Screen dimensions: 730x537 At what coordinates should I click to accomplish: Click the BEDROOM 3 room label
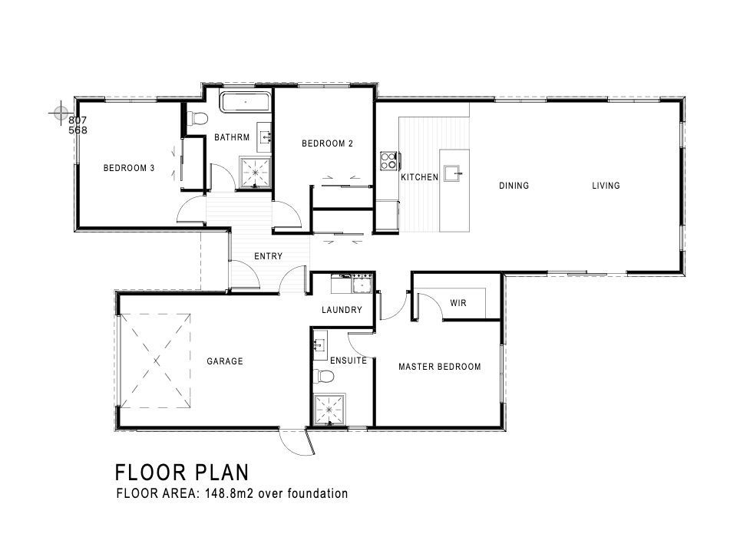pyautogui.click(x=128, y=168)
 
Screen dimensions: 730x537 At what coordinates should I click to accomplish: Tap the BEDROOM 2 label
pyautogui.click(x=327, y=143)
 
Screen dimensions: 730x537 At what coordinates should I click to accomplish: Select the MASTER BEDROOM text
pyautogui.click(x=440, y=367)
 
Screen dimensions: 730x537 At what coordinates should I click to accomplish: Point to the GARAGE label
pyautogui.click(x=225, y=361)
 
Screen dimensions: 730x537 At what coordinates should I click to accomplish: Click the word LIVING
pyautogui.click(x=606, y=186)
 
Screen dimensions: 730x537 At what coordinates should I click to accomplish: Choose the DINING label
pyautogui.click(x=514, y=186)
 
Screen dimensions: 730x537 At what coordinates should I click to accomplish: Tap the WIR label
pyautogui.click(x=458, y=303)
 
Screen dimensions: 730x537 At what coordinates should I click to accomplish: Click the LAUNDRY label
pyautogui.click(x=342, y=310)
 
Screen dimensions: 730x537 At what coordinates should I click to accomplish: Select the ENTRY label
pyautogui.click(x=268, y=256)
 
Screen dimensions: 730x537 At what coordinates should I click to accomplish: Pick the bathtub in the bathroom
pyautogui.click(x=246, y=102)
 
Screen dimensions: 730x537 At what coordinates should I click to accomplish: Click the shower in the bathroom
pyautogui.click(x=255, y=173)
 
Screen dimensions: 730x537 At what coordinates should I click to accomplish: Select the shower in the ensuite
pyautogui.click(x=330, y=410)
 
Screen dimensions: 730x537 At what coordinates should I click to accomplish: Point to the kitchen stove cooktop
pyautogui.click(x=388, y=161)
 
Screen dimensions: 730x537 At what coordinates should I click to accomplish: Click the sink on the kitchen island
pyautogui.click(x=453, y=173)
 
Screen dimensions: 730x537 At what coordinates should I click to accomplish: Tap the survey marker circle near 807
pyautogui.click(x=61, y=113)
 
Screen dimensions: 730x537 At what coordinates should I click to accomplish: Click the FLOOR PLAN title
pyautogui.click(x=182, y=473)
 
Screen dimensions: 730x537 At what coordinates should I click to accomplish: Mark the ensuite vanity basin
pyautogui.click(x=320, y=345)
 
